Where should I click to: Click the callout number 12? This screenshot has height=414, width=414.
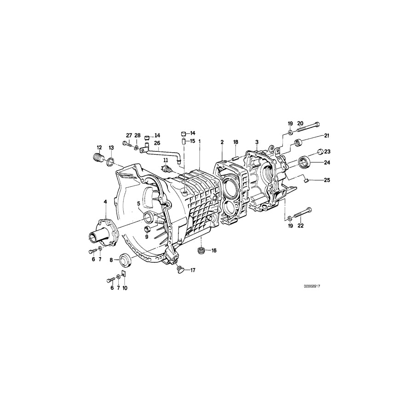(98, 147)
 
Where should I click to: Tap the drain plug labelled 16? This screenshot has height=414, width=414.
(200, 251)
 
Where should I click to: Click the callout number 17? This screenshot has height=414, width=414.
(192, 270)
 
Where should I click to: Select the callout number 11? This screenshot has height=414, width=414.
(165, 160)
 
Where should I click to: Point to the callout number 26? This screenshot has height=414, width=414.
(157, 143)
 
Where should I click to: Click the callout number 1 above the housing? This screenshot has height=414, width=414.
(200, 142)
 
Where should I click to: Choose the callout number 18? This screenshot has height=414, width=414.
(236, 142)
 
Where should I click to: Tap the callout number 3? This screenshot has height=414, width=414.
(257, 142)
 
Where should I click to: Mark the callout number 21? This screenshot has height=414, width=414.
(327, 135)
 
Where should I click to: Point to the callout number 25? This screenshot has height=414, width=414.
(327, 180)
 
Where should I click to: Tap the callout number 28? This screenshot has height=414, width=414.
(138, 135)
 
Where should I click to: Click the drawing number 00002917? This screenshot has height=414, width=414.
(311, 286)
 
